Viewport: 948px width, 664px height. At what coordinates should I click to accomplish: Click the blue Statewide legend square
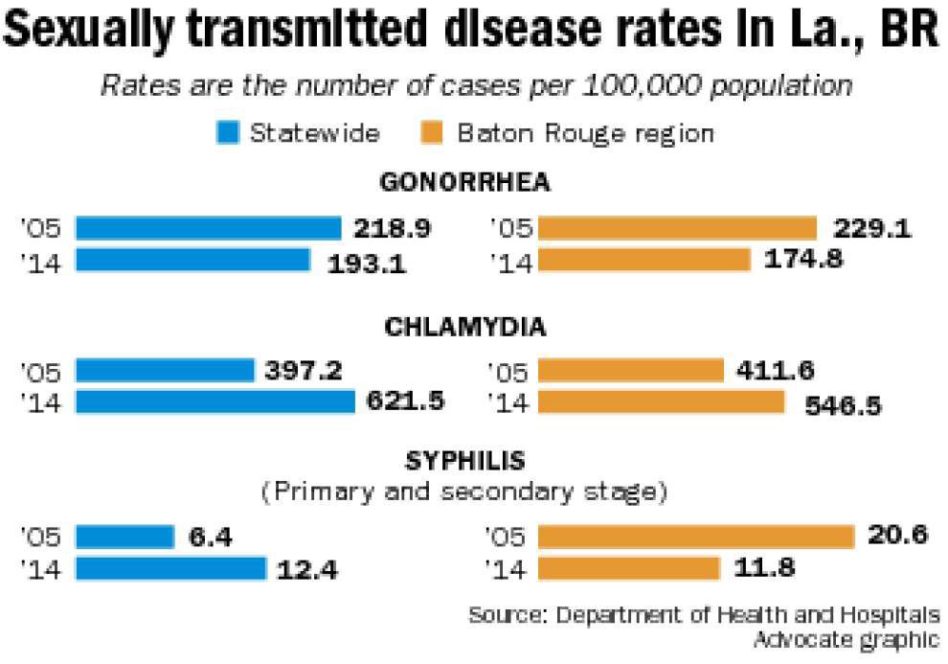(x=228, y=132)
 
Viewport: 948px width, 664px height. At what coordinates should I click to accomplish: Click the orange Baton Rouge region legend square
(x=432, y=132)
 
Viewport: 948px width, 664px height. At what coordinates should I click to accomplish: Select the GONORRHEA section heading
(x=465, y=182)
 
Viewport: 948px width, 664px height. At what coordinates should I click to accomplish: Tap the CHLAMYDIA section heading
(x=465, y=327)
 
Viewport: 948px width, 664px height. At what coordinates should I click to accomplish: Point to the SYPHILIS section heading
(x=465, y=462)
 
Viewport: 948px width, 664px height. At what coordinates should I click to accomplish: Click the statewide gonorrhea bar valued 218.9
(x=209, y=229)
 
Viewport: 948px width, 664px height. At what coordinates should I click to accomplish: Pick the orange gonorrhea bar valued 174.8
(x=643, y=261)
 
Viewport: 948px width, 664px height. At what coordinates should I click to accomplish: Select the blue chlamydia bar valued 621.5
(x=215, y=402)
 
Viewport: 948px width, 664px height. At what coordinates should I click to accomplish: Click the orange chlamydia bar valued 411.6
(x=631, y=371)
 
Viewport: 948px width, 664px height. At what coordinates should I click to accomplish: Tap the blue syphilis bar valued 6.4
(x=125, y=537)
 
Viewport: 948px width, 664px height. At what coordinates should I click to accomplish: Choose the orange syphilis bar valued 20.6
(x=696, y=537)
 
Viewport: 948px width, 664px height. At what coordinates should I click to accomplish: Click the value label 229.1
(x=872, y=229)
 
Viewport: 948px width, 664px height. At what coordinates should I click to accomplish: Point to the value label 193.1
(x=367, y=264)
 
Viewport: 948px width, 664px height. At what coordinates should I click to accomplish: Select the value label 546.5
(x=844, y=406)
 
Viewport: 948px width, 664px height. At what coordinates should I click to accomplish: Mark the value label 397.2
(x=304, y=370)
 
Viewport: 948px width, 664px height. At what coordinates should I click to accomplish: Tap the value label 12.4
(x=307, y=570)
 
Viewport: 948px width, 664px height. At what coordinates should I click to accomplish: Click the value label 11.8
(x=764, y=568)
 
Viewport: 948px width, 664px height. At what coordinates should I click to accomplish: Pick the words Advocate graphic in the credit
(x=846, y=639)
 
